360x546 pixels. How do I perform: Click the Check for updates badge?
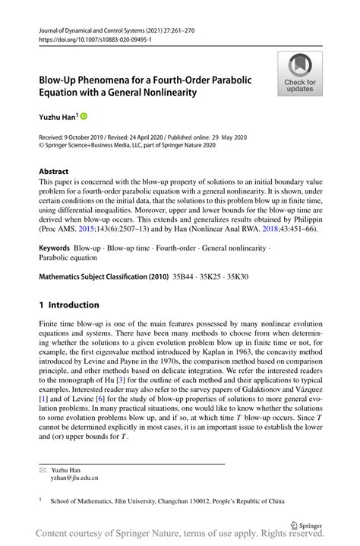(x=300, y=74)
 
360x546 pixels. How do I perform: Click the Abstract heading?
(x=54, y=172)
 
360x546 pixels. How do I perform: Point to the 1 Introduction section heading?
(x=69, y=305)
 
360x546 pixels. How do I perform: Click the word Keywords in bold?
(x=58, y=248)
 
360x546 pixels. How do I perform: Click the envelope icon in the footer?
(x=43, y=471)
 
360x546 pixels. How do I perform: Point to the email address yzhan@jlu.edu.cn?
(x=74, y=480)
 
